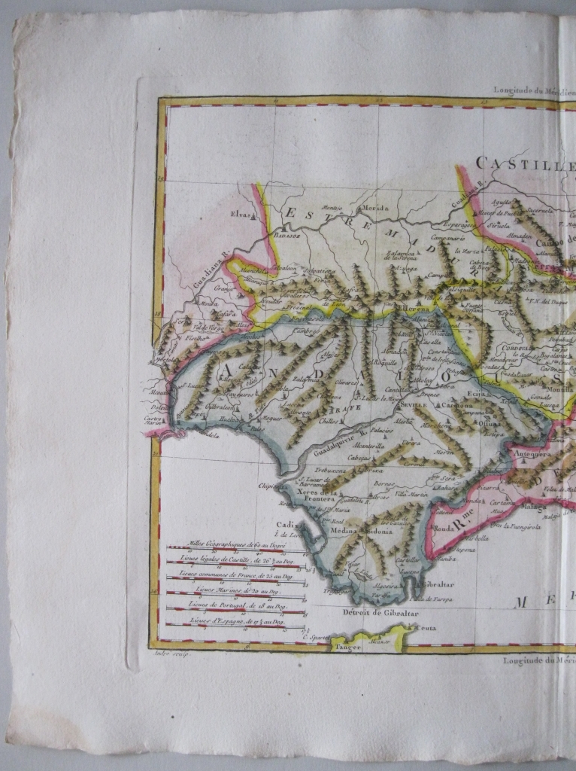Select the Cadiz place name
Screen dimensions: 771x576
click(x=285, y=525)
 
